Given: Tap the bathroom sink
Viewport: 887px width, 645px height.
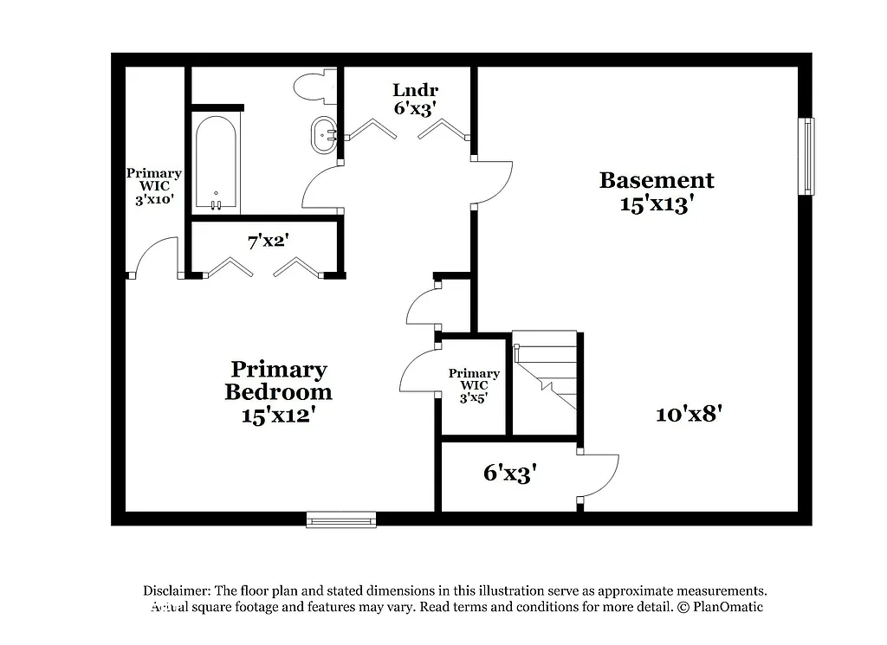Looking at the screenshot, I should pyautogui.click(x=326, y=134).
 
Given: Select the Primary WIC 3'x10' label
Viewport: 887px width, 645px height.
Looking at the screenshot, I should pyautogui.click(x=153, y=185).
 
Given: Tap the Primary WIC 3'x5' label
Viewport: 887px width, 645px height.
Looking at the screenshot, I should pyautogui.click(x=474, y=385).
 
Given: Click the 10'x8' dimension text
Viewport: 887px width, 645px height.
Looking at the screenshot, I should pyautogui.click(x=689, y=414).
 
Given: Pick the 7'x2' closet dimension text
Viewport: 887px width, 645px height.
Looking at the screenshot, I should pyautogui.click(x=268, y=242).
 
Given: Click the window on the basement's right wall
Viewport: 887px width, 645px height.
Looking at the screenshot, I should pyautogui.click(x=806, y=156).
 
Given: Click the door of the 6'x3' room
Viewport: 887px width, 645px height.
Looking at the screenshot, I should pyautogui.click(x=599, y=475).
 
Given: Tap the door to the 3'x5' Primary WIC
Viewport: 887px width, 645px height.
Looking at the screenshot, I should pyautogui.click(x=418, y=371).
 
